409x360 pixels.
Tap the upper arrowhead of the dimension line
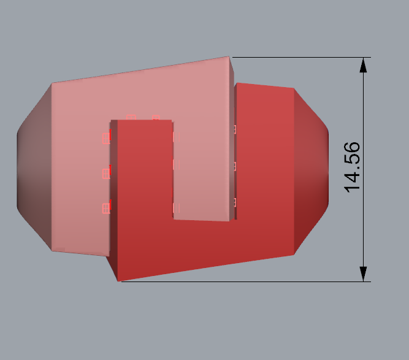tap(364, 65)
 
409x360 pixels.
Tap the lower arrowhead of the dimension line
tap(364, 274)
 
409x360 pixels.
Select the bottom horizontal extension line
tap(245, 281)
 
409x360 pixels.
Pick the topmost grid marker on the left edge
tap(105, 138)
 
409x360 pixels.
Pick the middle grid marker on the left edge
tap(105, 174)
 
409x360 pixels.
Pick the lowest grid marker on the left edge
tap(105, 209)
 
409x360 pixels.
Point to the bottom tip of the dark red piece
tap(118, 281)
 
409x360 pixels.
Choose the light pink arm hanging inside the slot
tap(202, 172)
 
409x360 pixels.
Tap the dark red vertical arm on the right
tap(264, 159)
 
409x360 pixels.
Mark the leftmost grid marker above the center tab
tap(130, 117)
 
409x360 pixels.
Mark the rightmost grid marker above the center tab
tap(156, 117)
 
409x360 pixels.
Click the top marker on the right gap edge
tap(234, 129)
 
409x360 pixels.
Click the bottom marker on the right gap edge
tap(234, 202)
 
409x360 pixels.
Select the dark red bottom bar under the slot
tap(202, 245)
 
